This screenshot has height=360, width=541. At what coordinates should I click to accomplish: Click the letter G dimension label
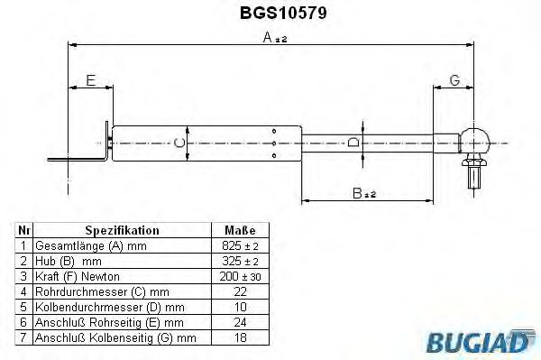click(x=454, y=80)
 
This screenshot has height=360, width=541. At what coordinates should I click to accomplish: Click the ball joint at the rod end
click(x=475, y=141)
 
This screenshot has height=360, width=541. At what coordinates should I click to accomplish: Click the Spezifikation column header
click(x=122, y=230)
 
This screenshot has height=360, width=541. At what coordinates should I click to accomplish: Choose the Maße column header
click(x=239, y=230)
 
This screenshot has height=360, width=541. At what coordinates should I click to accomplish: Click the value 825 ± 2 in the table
click(x=239, y=245)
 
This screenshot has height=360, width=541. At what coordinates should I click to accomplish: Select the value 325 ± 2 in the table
click(x=239, y=260)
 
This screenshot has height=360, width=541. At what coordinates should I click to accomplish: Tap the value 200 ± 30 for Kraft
click(x=239, y=275)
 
